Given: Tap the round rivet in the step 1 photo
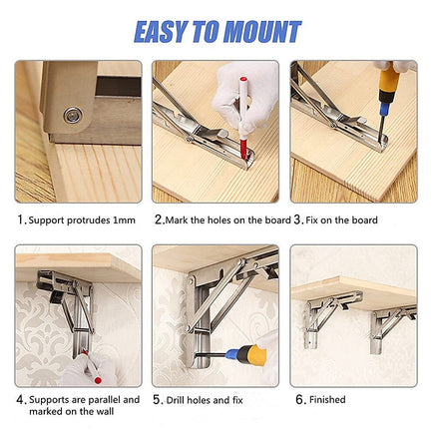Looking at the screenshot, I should point(73,115).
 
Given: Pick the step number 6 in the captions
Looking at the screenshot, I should point(298,399).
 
